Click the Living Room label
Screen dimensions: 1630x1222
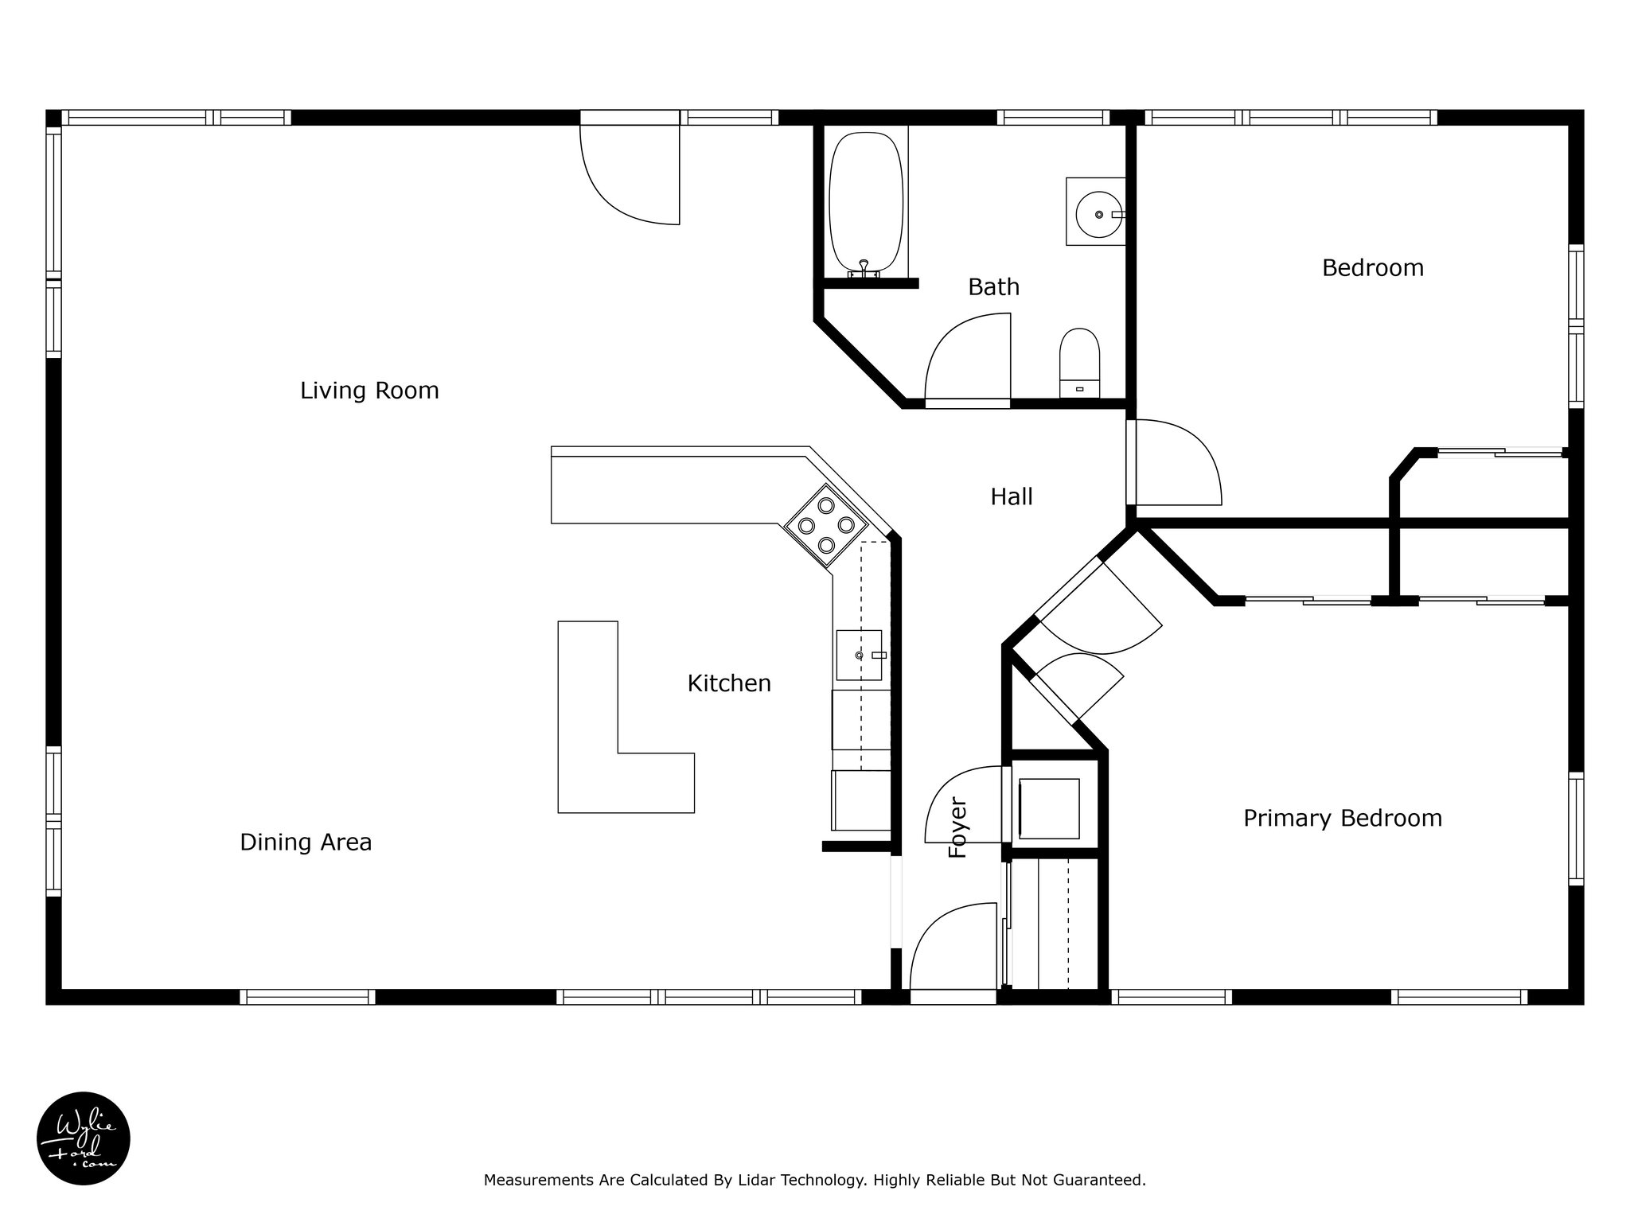369,391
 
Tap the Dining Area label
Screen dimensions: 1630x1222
306,843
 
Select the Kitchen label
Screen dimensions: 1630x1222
729,683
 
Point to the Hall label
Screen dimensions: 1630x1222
1012,496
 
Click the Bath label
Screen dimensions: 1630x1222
993,286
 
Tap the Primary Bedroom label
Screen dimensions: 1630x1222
1343,818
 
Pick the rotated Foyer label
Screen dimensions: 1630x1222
958,828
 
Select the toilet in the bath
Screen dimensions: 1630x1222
1079,363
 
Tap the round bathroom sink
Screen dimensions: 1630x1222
1095,212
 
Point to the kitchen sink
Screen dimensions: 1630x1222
860,655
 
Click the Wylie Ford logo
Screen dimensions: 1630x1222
84,1138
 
